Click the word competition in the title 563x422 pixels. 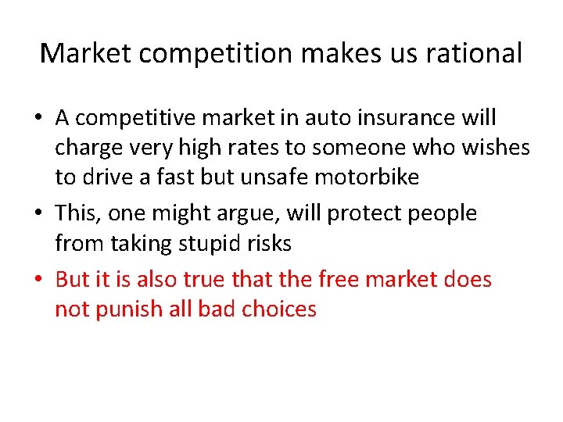198,53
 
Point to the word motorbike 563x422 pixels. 367,177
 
